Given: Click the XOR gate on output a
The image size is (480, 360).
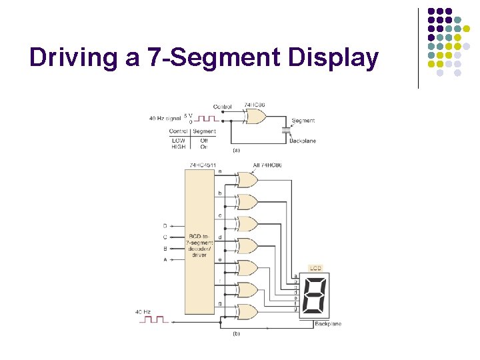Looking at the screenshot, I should point(246,180).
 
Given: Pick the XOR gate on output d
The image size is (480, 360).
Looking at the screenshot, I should point(246,245).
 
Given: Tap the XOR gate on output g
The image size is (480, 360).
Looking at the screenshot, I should point(246,311).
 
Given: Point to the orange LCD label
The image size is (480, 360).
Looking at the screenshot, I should point(315,268).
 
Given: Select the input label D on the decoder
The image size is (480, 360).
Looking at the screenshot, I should point(165,227).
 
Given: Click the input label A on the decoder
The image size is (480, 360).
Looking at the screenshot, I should point(165,259).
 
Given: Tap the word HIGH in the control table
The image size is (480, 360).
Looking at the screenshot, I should point(178,147).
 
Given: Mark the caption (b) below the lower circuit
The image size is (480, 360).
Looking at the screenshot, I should point(236,333).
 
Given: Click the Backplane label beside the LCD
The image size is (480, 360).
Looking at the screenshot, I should point(327,324).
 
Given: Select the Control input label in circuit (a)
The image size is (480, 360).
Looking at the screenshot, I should point(223,107).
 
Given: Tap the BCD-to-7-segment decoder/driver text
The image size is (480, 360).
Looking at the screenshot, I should point(199,246).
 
